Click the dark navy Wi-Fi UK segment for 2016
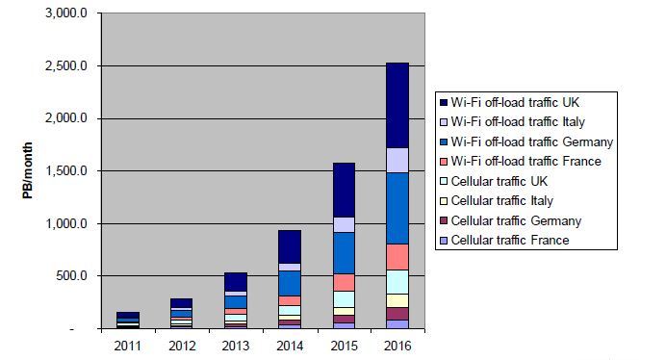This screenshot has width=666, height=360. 397,106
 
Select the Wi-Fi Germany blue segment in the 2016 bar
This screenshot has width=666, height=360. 397,208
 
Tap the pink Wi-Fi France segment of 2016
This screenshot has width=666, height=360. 397,257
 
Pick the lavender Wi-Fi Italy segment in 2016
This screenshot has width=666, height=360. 397,160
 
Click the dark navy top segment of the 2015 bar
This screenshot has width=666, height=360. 344,190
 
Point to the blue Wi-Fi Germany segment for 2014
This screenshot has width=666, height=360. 290,284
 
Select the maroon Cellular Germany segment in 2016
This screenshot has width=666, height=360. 397,314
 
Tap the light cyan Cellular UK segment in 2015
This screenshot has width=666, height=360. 344,299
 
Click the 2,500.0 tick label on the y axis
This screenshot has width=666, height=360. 65,65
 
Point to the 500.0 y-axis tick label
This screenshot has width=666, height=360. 71,276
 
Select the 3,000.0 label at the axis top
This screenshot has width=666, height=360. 65,13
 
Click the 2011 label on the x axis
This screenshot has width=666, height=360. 127,346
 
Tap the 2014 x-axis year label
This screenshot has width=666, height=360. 290,346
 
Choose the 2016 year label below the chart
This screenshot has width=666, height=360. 397,346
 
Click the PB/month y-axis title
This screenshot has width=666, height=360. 28,170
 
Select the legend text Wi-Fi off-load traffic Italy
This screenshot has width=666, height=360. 518,122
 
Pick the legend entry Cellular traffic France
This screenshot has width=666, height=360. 510,240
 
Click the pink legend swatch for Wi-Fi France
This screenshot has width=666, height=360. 444,162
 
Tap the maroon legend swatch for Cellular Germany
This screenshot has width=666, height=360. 444,221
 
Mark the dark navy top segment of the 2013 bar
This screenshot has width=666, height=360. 236,282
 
